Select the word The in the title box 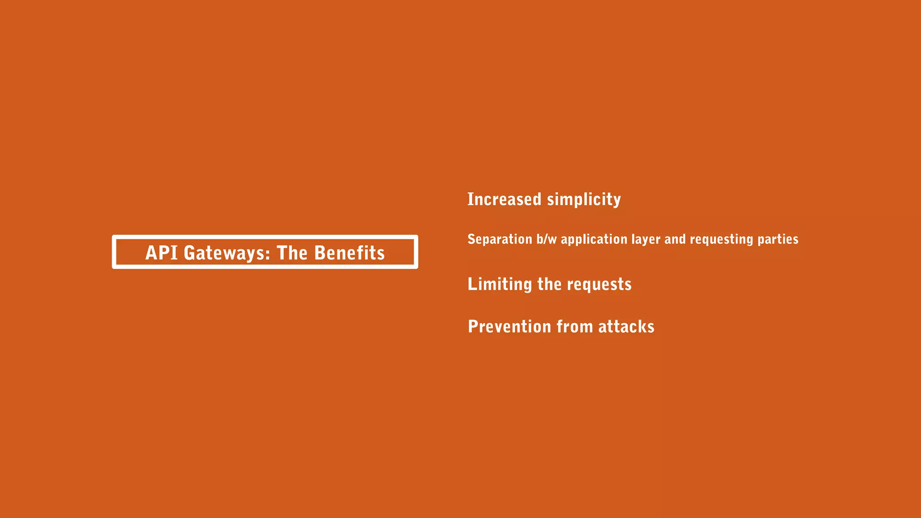292,253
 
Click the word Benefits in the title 349,253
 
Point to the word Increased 504,199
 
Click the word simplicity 584,200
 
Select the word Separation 500,239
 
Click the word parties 778,239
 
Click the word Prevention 509,326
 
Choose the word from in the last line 575,326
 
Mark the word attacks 626,326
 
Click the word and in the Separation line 675,239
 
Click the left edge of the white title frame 114,252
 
